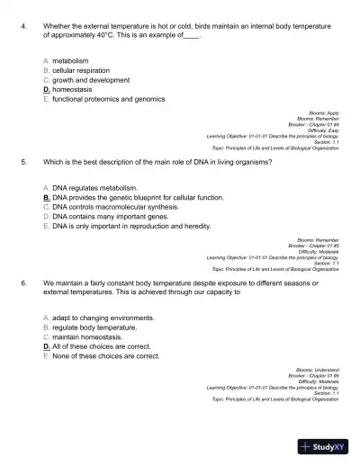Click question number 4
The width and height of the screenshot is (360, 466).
coord(21,27)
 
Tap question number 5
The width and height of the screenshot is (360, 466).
coord(21,164)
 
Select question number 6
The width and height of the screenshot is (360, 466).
coord(21,282)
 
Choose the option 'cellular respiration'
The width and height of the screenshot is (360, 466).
coord(81,70)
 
